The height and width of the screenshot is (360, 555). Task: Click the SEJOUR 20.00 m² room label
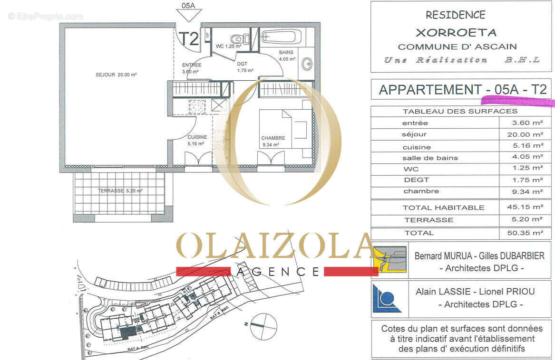click(x=116, y=75)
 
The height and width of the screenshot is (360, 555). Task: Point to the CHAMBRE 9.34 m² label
click(x=273, y=142)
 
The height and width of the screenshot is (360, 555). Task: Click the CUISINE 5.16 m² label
click(x=196, y=140)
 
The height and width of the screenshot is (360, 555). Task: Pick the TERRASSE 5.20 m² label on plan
click(x=120, y=191)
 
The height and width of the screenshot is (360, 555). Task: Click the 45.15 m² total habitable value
click(x=525, y=207)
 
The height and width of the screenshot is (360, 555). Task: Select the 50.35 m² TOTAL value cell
click(x=525, y=233)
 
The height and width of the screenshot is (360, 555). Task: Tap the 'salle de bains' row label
click(x=430, y=158)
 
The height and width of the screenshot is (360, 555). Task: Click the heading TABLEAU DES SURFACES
click(x=460, y=112)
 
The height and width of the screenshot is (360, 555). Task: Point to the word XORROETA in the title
click(x=456, y=33)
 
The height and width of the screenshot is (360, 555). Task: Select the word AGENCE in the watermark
click(x=278, y=272)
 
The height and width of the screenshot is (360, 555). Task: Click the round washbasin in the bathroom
click(x=307, y=64)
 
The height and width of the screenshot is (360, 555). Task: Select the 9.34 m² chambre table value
click(x=525, y=191)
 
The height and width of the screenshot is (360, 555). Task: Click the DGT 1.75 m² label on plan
click(x=245, y=67)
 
